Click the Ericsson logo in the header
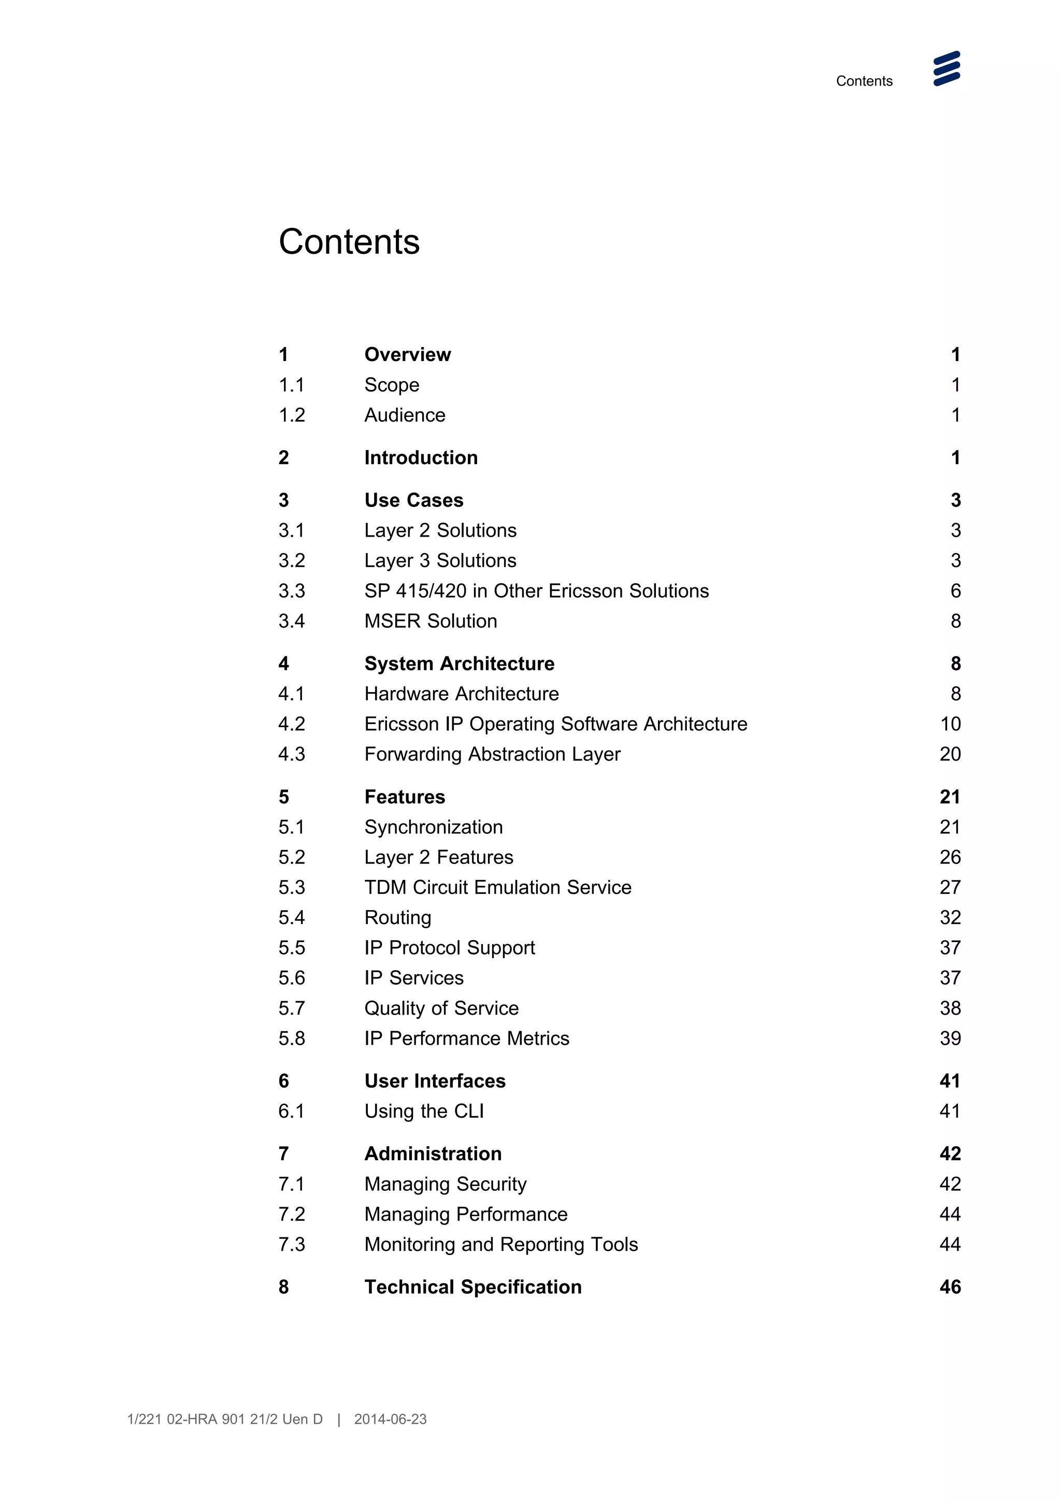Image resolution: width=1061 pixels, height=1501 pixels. coord(946,69)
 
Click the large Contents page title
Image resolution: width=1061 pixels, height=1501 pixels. coord(349,242)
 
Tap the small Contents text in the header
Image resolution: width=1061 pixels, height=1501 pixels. coord(864,81)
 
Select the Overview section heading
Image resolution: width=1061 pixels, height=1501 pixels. coord(407,354)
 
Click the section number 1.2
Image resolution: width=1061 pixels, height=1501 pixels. coord(292,415)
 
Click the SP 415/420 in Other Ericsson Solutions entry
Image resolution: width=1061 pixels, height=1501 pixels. coord(536,591)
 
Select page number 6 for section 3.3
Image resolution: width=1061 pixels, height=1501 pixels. coord(955,591)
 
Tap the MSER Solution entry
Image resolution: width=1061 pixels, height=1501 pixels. coord(430,621)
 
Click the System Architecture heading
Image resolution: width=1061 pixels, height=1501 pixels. coord(459,663)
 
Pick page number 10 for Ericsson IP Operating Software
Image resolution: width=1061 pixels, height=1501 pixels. coord(950,724)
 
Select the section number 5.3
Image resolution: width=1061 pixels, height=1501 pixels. coord(292,887)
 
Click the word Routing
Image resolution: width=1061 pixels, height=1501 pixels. coord(397,918)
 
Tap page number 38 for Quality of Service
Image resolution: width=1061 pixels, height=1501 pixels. coord(950,1008)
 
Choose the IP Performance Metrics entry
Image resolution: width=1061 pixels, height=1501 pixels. coord(466,1038)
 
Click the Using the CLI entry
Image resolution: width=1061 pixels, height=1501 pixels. coord(424,1112)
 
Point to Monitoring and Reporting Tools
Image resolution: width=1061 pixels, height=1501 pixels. coord(501,1244)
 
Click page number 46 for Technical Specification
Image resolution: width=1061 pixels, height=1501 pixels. coord(950,1287)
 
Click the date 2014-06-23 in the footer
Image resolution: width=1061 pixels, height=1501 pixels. coord(390,1419)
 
